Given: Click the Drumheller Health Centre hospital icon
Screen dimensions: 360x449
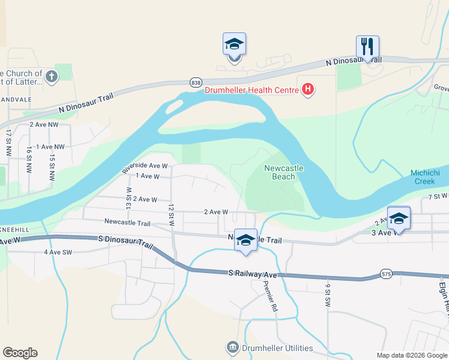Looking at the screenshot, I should [x=309, y=90].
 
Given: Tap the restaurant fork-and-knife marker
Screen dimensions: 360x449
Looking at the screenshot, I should [x=367, y=46].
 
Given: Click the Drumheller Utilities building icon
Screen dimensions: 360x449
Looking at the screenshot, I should [x=232, y=348].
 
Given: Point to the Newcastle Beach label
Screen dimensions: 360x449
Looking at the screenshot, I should [x=284, y=172].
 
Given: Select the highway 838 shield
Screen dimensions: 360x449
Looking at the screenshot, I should [x=196, y=82].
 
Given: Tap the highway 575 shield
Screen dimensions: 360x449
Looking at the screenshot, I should [x=387, y=274].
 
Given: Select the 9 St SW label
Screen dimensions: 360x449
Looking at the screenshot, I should [x=328, y=292].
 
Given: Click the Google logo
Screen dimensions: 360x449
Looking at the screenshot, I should [x=20, y=353].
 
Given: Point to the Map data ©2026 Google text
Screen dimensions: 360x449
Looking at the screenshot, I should [x=411, y=355].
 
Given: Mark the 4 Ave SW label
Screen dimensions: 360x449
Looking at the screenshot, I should [x=58, y=252].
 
